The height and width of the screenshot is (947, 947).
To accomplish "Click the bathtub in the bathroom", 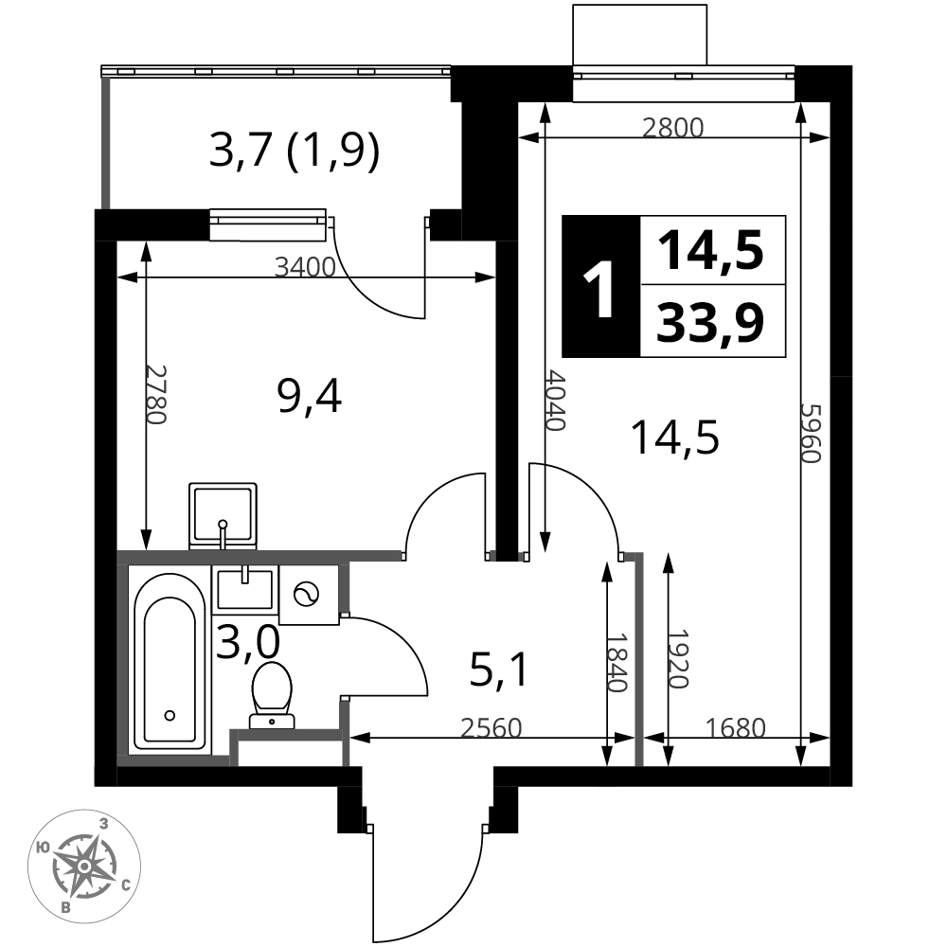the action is [170, 660].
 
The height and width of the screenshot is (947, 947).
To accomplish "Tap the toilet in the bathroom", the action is [272, 695].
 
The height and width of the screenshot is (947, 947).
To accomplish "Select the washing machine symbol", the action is [309, 595].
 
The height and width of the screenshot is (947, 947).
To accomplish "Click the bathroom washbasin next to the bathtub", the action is [244, 589].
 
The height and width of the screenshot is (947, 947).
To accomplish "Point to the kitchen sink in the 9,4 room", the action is [223, 516].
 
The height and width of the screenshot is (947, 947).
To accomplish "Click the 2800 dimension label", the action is [672, 128].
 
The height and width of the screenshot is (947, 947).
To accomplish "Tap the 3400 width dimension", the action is [305, 266].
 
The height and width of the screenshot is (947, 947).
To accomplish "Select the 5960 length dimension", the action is [812, 433].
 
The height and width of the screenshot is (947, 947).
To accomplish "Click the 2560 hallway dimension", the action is [491, 728].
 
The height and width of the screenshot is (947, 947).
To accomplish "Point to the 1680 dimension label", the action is [736, 728].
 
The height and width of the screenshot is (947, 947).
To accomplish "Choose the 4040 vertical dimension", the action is [555, 400].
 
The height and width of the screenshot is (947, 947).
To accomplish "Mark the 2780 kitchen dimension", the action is [155, 394].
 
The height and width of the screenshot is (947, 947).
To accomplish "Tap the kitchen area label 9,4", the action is [310, 397].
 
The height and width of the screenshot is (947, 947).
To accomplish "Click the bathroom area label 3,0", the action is [247, 641].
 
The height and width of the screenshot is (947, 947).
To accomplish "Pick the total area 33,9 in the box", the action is [711, 322].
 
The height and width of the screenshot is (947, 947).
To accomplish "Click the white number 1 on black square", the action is [600, 287].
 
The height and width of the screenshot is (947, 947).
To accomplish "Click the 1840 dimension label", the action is [617, 662].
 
